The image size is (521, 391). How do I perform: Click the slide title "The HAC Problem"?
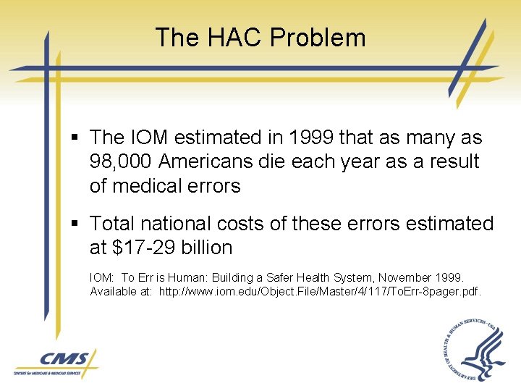coord(260,38)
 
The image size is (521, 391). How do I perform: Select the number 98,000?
coord(124,161)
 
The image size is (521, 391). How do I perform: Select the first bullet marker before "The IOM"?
coord(76,138)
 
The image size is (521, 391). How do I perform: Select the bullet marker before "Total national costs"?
coord(76,224)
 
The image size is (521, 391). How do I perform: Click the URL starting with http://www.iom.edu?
coord(319,291)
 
